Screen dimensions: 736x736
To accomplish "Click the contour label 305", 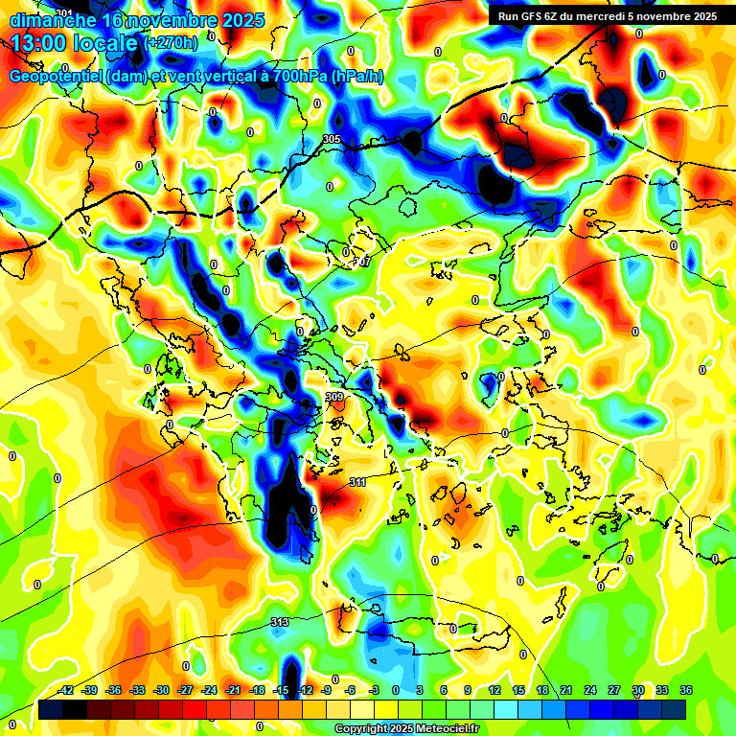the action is [332, 140].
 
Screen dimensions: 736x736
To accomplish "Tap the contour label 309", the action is [334, 397].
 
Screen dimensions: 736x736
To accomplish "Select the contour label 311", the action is [357, 482].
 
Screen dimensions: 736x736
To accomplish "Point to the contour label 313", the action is [280, 623].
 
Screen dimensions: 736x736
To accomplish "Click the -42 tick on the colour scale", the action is [66, 690].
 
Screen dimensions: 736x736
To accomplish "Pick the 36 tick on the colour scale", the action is [686, 690].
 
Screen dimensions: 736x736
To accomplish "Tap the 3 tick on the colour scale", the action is [420, 690].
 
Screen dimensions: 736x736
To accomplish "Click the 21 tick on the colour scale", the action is [566, 690].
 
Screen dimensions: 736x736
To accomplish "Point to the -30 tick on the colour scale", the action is [162, 690].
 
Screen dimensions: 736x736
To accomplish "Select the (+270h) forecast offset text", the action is [171, 42].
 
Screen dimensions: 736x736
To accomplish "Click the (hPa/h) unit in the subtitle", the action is [356, 76].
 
